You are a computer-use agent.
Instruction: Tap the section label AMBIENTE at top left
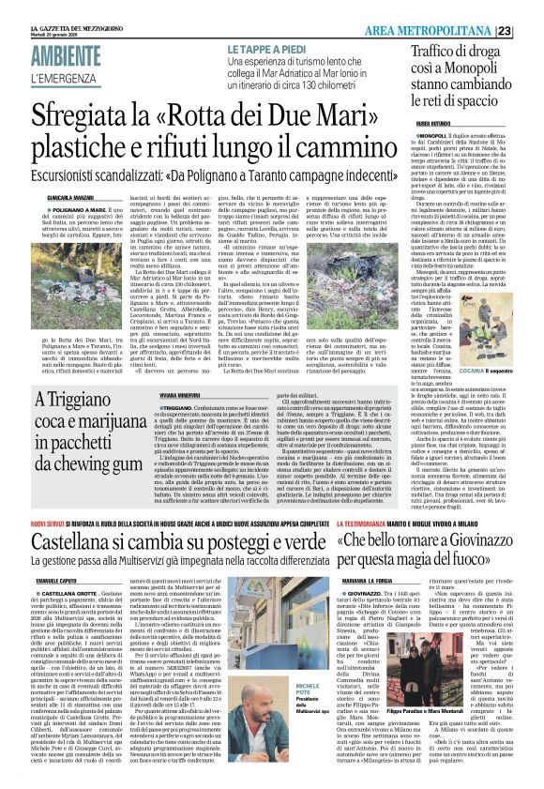[x=67, y=54]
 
